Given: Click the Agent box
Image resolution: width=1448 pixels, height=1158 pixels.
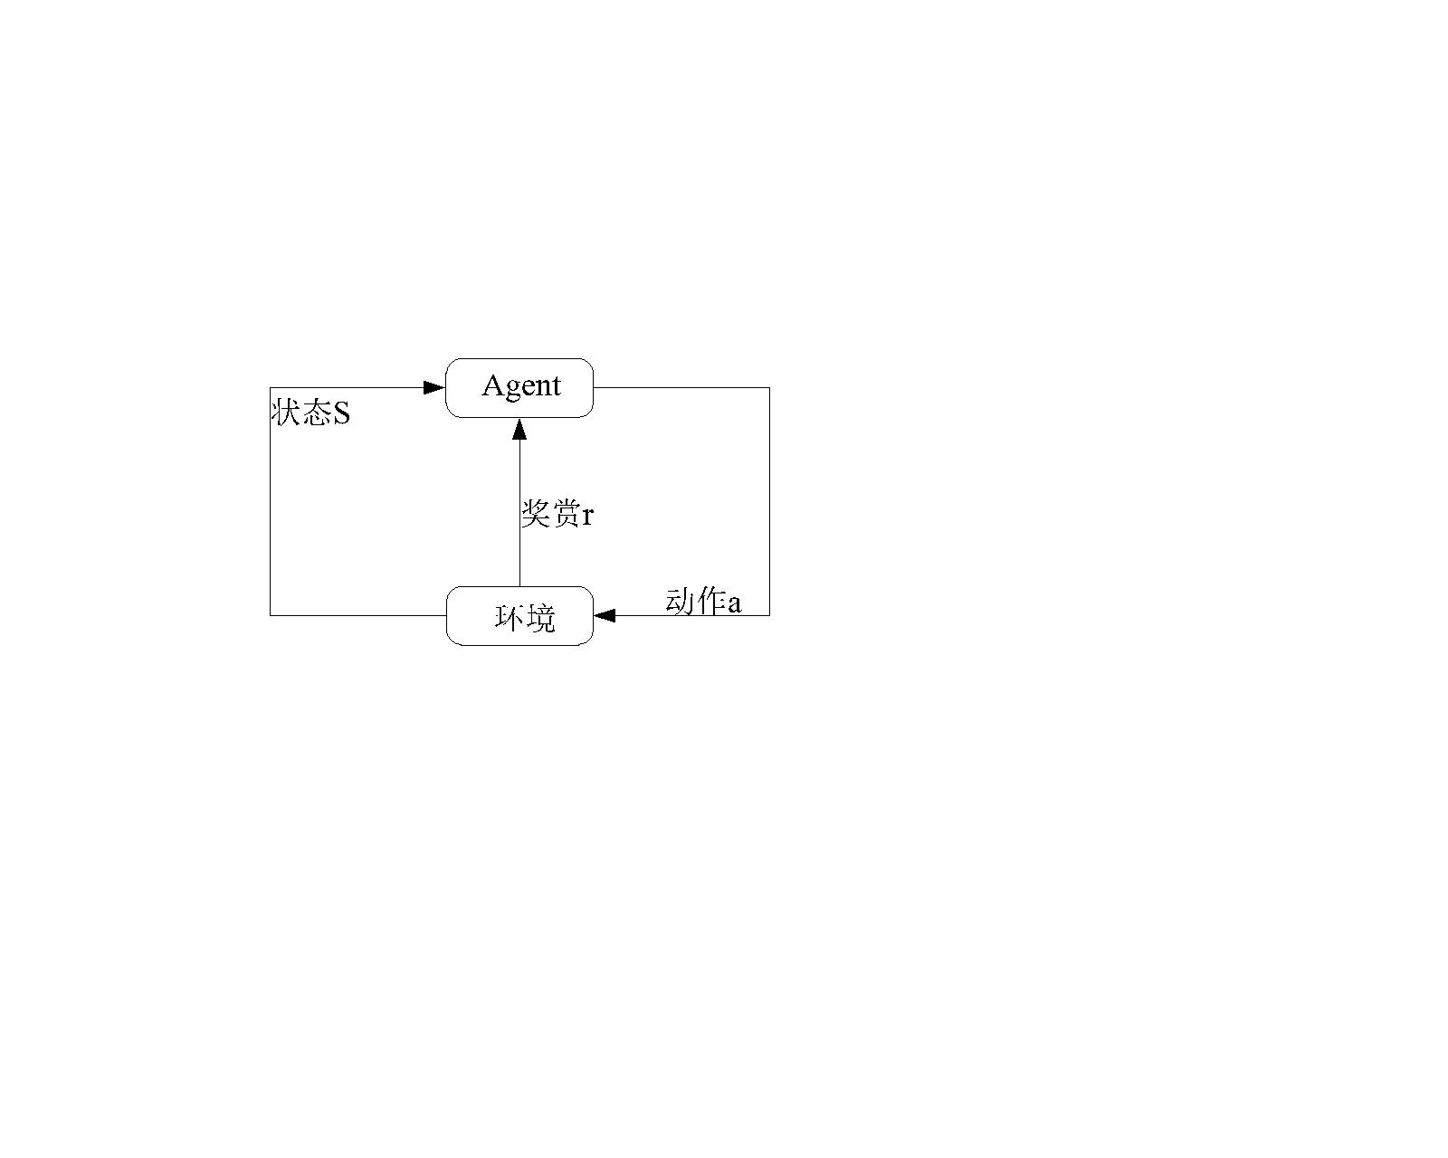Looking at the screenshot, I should tap(519, 387).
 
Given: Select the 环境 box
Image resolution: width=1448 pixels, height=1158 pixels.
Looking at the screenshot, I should tap(519, 615).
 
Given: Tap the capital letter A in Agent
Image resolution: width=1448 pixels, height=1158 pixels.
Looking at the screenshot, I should tap(492, 385).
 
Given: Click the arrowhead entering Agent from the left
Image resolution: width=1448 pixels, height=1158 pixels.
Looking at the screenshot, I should tap(434, 387).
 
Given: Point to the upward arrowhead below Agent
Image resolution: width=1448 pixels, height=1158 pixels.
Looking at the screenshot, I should tap(519, 428).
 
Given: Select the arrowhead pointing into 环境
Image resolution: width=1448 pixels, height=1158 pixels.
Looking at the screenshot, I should tap(605, 615).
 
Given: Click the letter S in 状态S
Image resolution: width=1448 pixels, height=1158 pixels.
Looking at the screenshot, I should tap(340, 414).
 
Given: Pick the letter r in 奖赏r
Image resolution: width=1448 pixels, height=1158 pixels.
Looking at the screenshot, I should tap(587, 516).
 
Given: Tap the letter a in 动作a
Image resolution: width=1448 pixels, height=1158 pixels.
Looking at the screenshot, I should tap(734, 603).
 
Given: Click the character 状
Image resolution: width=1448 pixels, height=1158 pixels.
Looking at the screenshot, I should tap(286, 413).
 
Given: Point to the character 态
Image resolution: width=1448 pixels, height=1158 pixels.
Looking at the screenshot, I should tap(316, 413).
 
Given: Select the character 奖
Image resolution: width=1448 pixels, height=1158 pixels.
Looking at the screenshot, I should tap(536, 514).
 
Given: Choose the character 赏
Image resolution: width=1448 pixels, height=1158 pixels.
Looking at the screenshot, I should tap(566, 514).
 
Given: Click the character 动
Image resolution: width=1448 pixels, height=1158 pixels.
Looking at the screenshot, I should tap(680, 601).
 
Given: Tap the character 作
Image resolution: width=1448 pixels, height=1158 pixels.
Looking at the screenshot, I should tap(710, 601).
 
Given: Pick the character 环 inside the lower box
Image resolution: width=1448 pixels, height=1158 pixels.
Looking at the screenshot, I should tap(510, 618).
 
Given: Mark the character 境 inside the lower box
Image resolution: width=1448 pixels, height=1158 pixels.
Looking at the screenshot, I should tap(540, 618).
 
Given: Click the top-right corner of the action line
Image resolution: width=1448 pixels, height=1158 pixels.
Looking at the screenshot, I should tap(769, 387).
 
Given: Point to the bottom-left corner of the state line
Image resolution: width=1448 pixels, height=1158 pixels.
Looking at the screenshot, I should tap(271, 615).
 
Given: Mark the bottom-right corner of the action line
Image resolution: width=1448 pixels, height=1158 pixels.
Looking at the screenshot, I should tap(769, 615).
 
